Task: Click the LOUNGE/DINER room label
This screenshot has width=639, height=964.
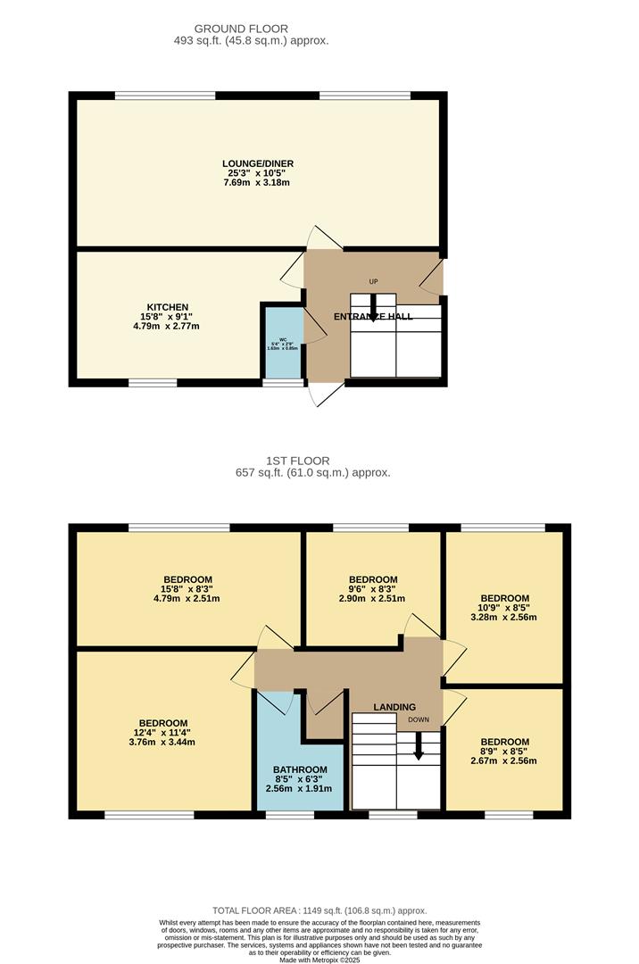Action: tap(258, 163)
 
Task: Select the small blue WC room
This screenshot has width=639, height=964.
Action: tap(282, 344)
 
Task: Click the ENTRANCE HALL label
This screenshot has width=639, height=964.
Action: tap(373, 317)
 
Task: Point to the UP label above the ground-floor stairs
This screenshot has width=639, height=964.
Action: tap(373, 282)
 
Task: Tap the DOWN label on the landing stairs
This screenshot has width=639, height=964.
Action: tap(419, 719)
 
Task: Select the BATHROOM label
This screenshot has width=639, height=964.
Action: tap(300, 769)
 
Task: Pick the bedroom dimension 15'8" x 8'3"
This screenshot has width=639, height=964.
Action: tap(187, 589)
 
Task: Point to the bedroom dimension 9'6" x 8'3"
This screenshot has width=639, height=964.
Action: tap(373, 589)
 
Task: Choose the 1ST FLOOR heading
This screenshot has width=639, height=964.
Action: tap(285, 461)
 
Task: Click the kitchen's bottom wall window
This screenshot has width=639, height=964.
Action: tap(153, 383)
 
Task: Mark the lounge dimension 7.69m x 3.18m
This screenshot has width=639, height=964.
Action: tap(258, 182)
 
